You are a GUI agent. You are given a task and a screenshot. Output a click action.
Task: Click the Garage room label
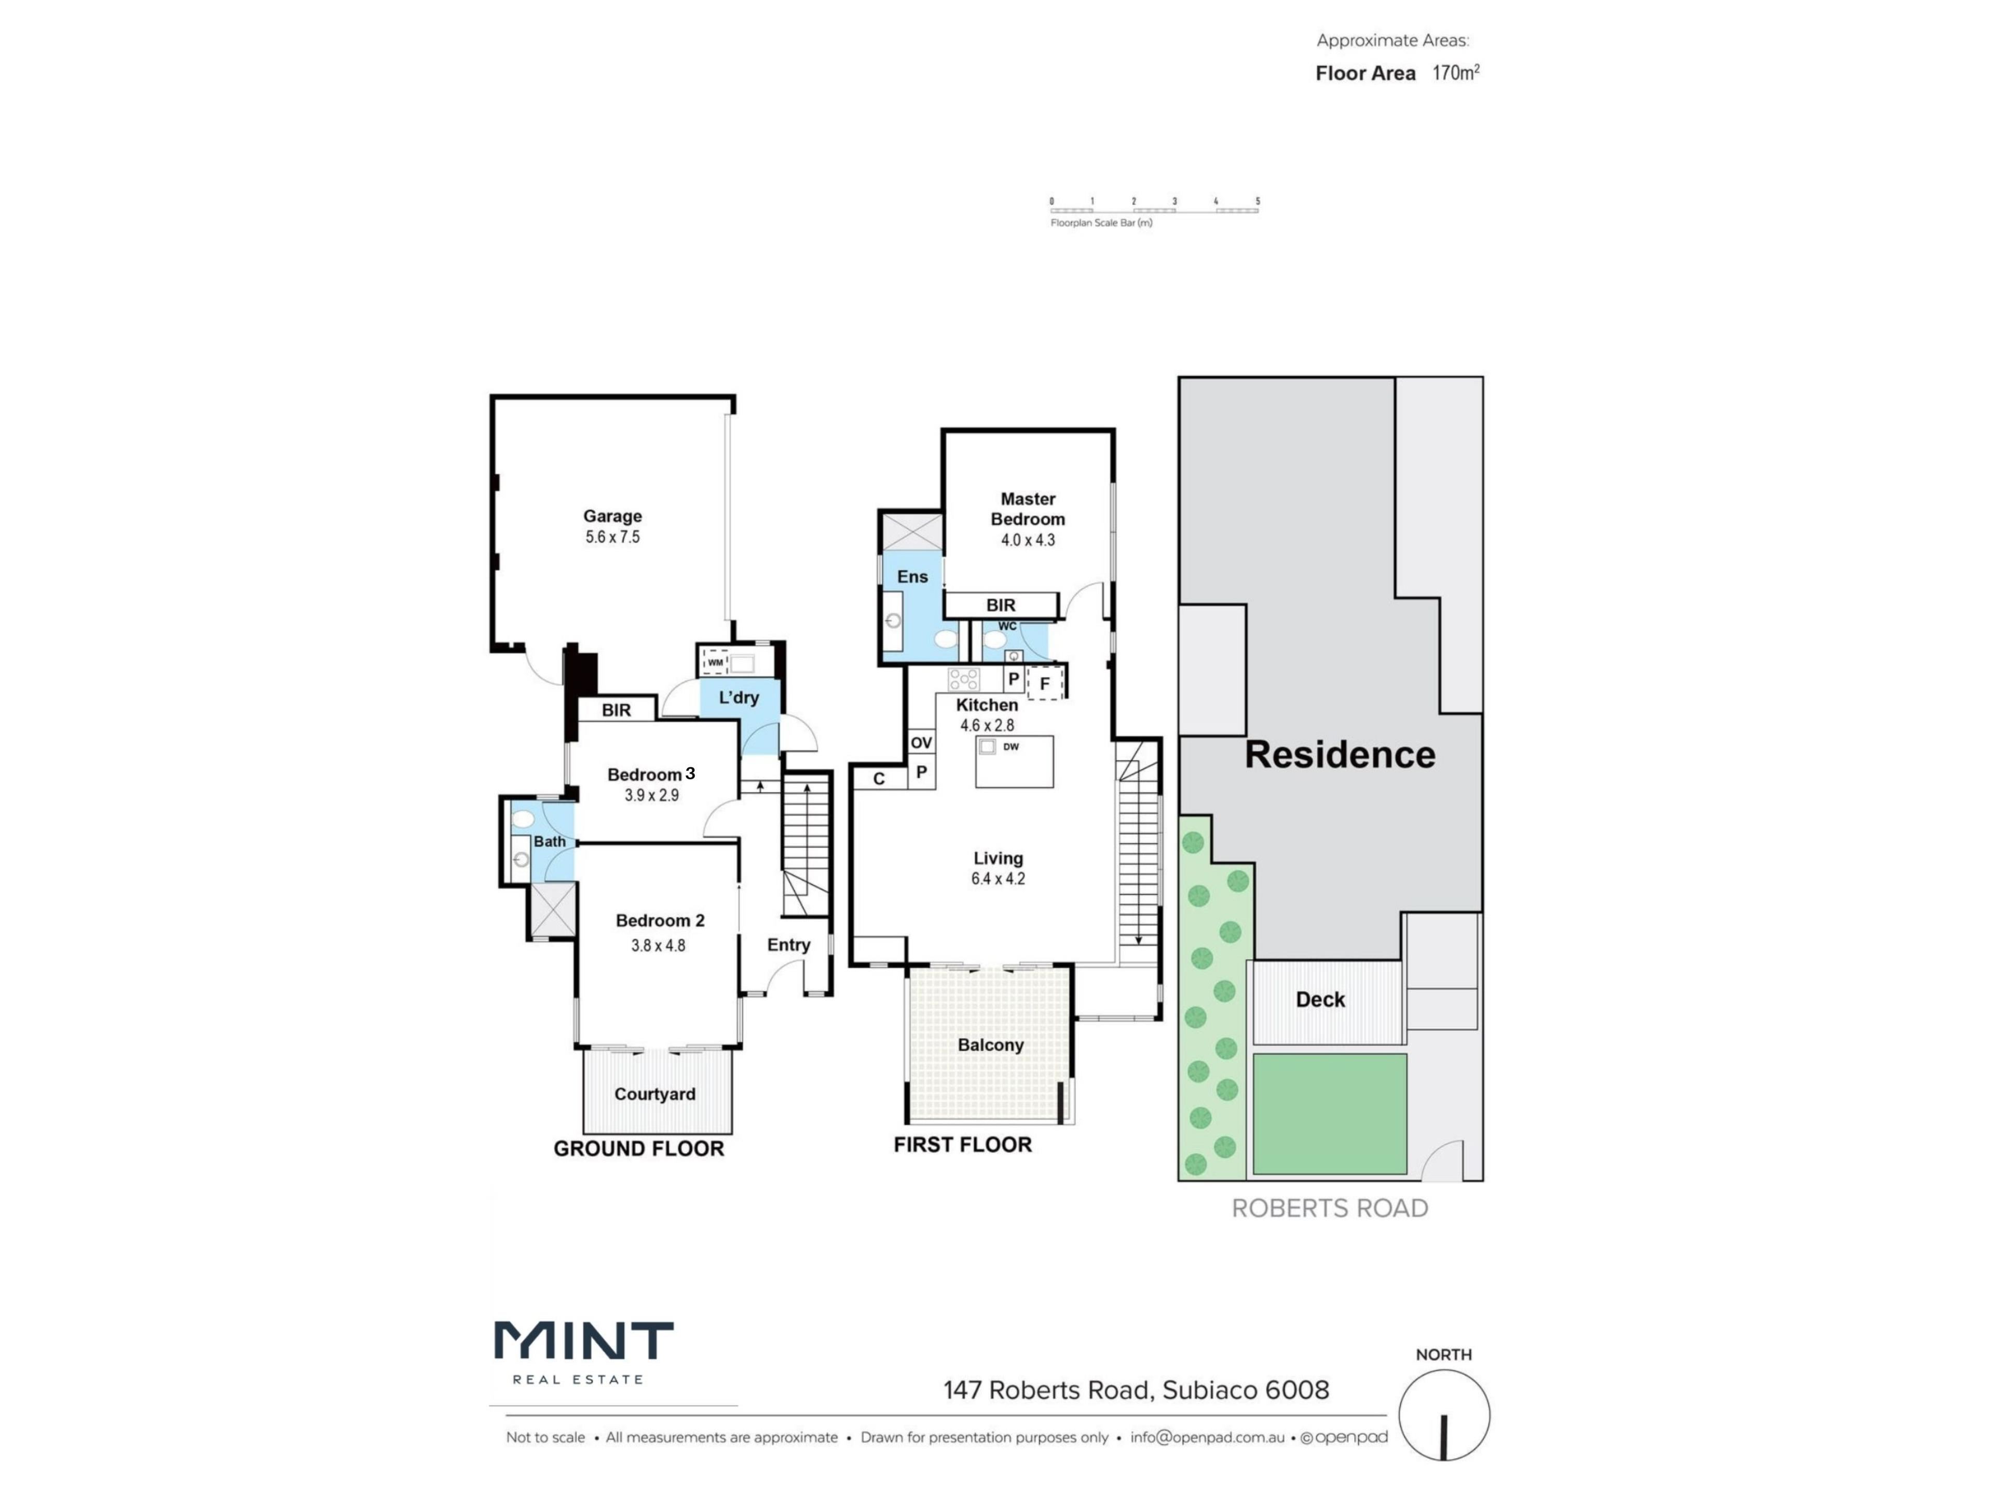(x=612, y=517)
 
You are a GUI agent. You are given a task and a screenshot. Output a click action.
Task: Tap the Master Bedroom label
(x=1028, y=509)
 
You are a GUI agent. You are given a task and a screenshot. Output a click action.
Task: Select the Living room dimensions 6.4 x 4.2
(x=998, y=879)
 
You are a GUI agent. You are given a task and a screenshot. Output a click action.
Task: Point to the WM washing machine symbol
(x=715, y=662)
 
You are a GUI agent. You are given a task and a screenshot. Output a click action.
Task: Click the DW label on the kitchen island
(x=1011, y=746)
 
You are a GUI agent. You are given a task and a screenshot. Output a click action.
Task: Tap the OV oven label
(x=921, y=742)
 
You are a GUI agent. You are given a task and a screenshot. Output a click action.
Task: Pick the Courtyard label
(x=655, y=1094)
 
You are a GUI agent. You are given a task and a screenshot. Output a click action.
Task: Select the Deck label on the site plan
(x=1320, y=999)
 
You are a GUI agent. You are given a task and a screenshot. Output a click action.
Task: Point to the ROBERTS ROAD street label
(x=1330, y=1208)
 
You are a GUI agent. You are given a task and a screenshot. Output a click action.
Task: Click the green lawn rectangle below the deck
(x=1330, y=1115)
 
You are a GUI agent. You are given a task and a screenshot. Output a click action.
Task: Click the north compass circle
(x=1444, y=1415)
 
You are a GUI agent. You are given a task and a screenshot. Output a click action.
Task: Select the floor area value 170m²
(x=1456, y=73)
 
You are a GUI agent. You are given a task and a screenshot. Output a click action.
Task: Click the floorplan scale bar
(x=1154, y=210)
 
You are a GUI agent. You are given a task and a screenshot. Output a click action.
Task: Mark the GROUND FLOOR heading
(x=639, y=1149)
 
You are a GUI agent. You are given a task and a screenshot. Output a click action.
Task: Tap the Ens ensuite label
(x=913, y=577)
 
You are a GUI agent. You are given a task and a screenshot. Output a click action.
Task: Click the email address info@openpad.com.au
(x=1207, y=1437)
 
